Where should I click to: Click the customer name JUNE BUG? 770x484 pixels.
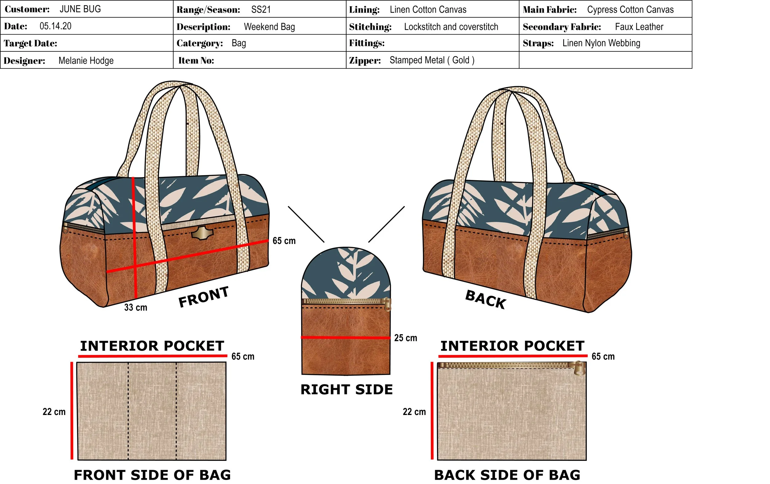pos(80,9)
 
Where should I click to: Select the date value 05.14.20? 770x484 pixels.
pos(55,26)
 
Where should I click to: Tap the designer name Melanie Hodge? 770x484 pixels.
pos(86,60)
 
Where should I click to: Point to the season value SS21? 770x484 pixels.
pos(261,10)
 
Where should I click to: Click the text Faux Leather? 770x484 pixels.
pos(639,26)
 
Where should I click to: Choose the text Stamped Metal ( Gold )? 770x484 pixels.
pos(432,60)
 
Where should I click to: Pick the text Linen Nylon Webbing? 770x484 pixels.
pos(601,43)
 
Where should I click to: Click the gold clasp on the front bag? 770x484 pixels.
pos(202,233)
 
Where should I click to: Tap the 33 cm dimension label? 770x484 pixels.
pos(136,307)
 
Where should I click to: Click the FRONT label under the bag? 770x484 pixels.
pos(203,297)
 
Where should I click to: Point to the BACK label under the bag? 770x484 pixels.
pos(485,300)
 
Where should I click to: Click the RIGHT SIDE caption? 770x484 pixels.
pos(346,390)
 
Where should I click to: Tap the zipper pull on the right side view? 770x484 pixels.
pos(387,304)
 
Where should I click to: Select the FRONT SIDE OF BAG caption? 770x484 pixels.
pos(152,475)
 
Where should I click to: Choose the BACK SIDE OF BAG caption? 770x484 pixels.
pos(507,475)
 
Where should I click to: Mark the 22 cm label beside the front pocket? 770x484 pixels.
pos(54,412)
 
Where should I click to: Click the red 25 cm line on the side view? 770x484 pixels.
pos(345,337)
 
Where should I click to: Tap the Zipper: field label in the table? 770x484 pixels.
pos(365,60)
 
